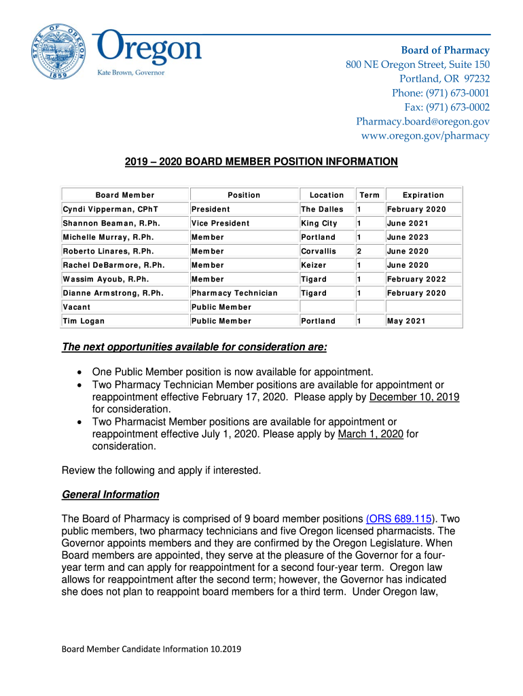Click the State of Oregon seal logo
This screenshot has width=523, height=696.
click(x=59, y=52)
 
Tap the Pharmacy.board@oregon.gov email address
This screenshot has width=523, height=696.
click(x=422, y=122)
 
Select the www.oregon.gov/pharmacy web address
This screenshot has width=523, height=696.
click(x=425, y=136)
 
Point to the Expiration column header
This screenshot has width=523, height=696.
click(x=423, y=195)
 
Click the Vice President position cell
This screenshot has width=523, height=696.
click(x=220, y=224)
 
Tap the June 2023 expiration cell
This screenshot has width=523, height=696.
click(x=408, y=237)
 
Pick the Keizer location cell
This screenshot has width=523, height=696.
click(x=314, y=265)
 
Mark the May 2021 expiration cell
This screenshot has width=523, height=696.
click(x=406, y=321)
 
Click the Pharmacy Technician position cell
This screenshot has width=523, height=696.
click(x=234, y=293)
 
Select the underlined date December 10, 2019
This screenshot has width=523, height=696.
click(x=414, y=397)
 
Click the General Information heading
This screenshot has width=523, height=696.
click(x=111, y=495)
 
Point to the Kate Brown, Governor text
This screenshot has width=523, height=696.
click(x=131, y=72)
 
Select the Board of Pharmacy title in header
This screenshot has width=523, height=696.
click(x=445, y=50)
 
